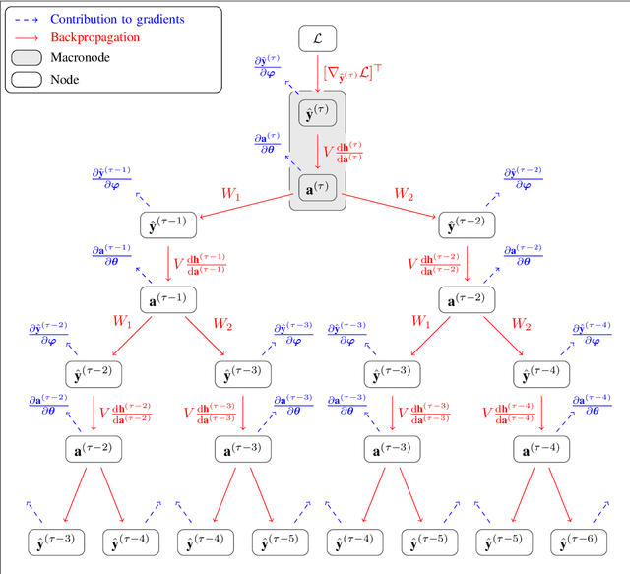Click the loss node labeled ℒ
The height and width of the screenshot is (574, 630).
point(318,39)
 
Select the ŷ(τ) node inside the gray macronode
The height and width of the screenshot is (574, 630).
point(318,113)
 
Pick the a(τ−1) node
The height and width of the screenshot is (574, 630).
point(168,299)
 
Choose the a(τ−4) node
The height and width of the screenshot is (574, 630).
point(542,449)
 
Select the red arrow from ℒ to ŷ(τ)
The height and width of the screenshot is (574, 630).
point(318,73)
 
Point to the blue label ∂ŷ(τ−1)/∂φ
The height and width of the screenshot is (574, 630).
point(112,178)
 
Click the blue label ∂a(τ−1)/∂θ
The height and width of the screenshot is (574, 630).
point(111,254)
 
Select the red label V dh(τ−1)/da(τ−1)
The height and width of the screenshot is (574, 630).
point(200,263)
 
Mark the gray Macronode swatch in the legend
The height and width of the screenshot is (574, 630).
point(27,58)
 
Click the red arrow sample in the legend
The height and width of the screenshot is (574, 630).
point(27,37)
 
